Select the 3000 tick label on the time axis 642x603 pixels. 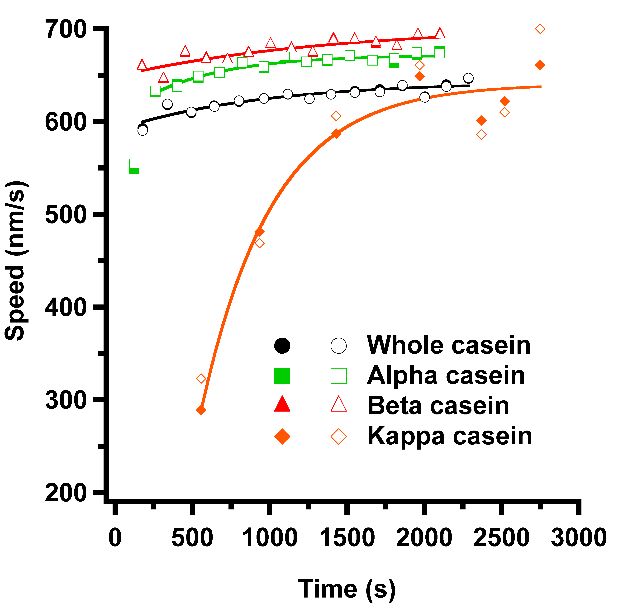(x=579, y=538)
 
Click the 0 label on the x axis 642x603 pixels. (x=115, y=538)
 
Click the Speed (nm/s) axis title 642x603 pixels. (x=15, y=260)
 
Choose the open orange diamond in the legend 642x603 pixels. (x=338, y=437)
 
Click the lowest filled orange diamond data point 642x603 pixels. (x=201, y=410)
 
